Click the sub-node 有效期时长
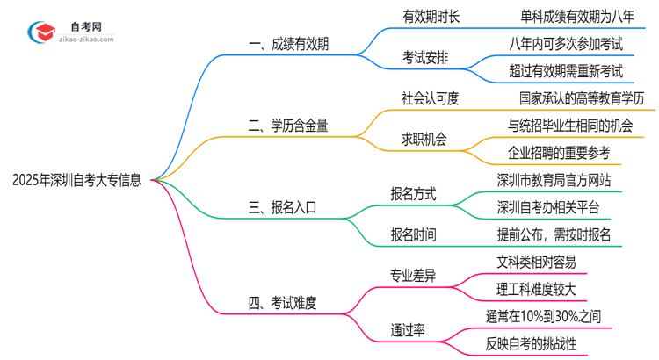click(x=431, y=15)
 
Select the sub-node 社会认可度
click(x=431, y=98)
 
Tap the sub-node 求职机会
click(x=424, y=139)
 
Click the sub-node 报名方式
click(x=413, y=194)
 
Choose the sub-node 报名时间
click(x=413, y=234)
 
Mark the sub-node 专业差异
click(x=413, y=276)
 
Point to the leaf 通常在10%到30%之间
click(x=544, y=316)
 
